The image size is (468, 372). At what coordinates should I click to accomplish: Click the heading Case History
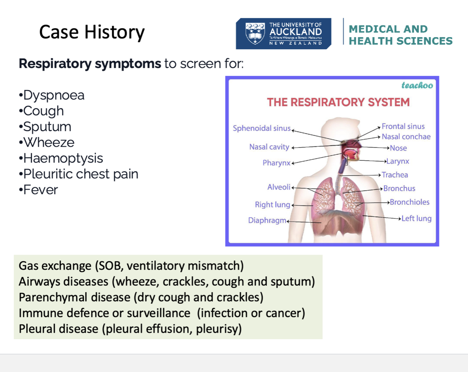[92, 32]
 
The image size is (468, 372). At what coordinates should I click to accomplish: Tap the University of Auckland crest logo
[255, 33]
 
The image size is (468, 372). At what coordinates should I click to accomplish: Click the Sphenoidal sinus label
[262, 128]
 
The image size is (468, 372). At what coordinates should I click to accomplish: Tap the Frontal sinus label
[403, 126]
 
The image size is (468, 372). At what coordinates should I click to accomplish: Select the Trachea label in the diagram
[395, 175]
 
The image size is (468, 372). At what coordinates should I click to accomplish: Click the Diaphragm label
[267, 220]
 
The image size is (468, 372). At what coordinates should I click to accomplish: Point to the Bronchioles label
[409, 202]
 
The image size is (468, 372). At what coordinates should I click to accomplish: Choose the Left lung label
[416, 219]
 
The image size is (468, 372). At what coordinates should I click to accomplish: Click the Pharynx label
[276, 163]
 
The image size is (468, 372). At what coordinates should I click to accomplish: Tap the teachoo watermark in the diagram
[417, 85]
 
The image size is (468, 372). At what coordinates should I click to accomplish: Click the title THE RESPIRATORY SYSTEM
[338, 102]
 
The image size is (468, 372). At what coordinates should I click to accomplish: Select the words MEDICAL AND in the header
[388, 29]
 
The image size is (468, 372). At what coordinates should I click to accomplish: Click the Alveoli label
[279, 187]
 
